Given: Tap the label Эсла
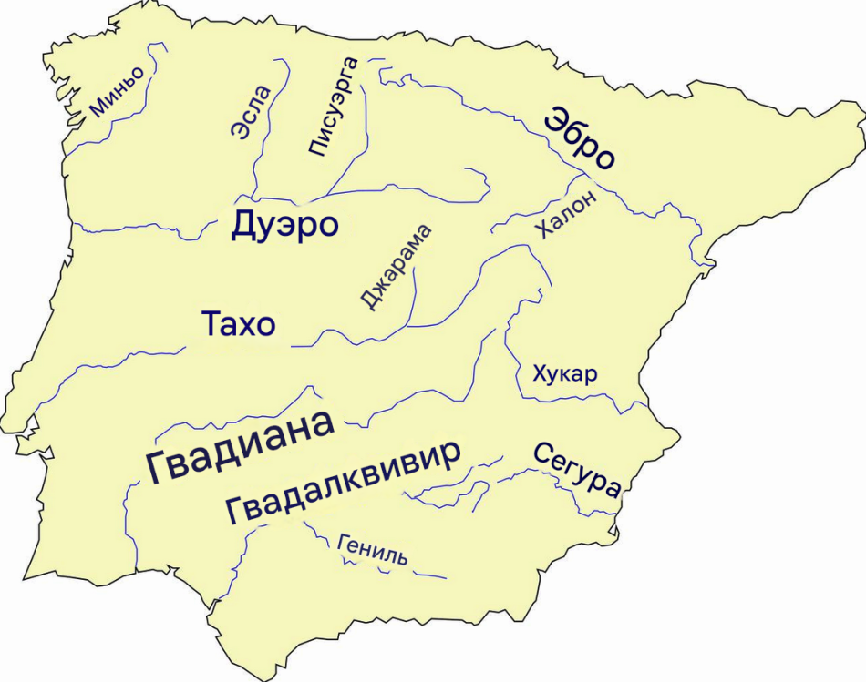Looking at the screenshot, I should (251, 112).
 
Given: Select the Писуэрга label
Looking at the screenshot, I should (332, 107).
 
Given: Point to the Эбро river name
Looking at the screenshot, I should (579, 138).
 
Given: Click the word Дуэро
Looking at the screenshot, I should (285, 225).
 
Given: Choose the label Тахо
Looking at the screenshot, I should (238, 324).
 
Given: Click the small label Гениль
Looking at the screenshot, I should (372, 549).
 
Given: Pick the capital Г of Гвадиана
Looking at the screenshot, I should (160, 468).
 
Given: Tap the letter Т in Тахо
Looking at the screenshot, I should (210, 324).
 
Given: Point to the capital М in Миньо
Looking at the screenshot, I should (98, 109).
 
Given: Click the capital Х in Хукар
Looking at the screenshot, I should (539, 374).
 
